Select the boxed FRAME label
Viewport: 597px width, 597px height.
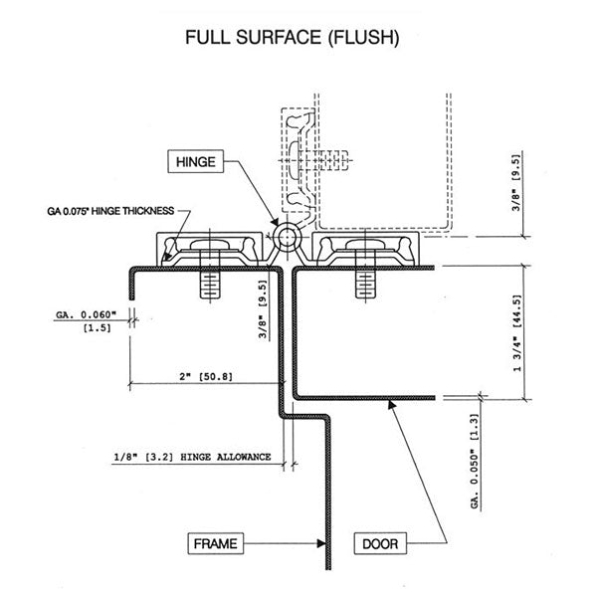point(213,544)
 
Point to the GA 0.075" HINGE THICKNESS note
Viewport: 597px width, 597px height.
point(109,211)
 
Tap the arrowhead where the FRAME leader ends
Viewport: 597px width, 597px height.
point(324,543)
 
